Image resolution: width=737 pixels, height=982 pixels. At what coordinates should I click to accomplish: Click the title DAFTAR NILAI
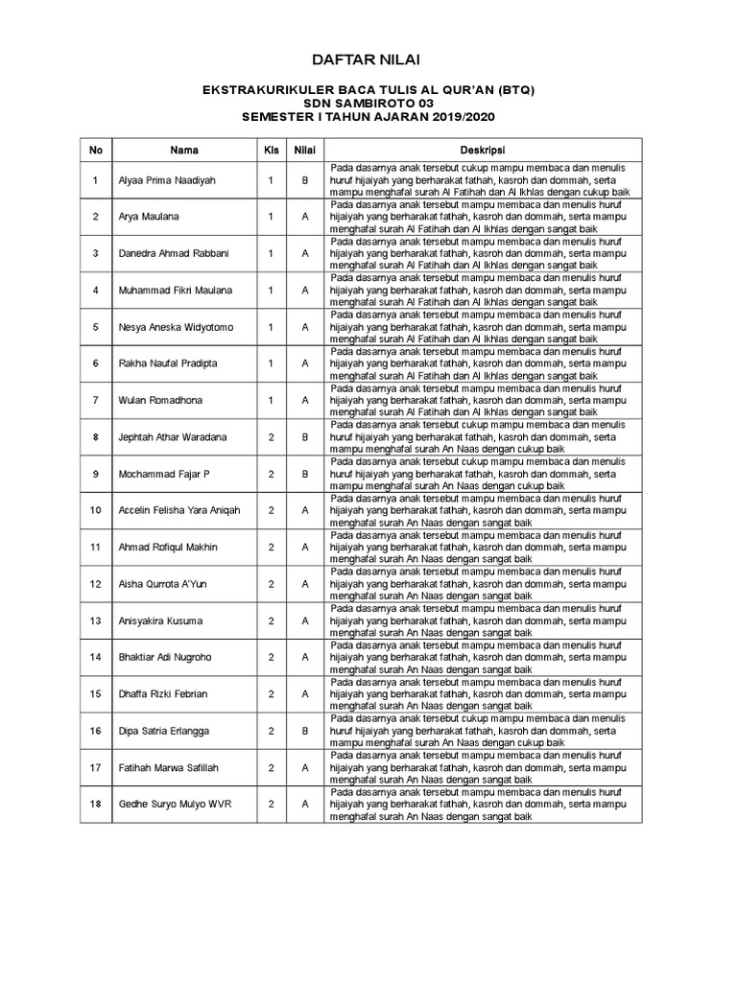tap(368, 60)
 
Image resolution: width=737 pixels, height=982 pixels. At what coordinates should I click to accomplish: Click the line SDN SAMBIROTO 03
tap(368, 103)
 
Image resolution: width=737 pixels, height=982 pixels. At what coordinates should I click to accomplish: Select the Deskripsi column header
tap(482, 151)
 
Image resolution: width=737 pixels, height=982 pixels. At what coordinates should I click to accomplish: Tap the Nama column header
tap(184, 151)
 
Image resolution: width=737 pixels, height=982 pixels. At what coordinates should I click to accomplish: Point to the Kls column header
tap(271, 151)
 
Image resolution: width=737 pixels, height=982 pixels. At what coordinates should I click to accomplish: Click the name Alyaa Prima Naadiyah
tap(167, 180)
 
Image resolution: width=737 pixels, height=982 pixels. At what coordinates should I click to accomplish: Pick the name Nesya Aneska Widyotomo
tap(176, 327)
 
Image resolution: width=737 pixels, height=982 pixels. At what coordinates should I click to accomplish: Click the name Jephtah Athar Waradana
tap(173, 437)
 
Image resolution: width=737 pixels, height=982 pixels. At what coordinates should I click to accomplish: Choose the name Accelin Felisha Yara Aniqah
tap(178, 510)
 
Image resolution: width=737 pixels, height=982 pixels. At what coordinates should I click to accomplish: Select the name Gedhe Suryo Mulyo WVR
tap(175, 804)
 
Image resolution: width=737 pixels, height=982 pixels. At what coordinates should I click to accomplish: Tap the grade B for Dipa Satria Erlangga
tap(304, 731)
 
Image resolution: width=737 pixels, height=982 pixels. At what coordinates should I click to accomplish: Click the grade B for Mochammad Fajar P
tap(304, 474)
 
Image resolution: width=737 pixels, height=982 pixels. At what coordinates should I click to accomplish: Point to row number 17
tap(95, 767)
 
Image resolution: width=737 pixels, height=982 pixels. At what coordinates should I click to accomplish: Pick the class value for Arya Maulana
tap(271, 217)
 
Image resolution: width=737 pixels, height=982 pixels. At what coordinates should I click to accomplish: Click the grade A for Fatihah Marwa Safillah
tap(304, 767)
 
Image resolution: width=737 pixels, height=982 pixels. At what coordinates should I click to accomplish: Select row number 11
tap(95, 547)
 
